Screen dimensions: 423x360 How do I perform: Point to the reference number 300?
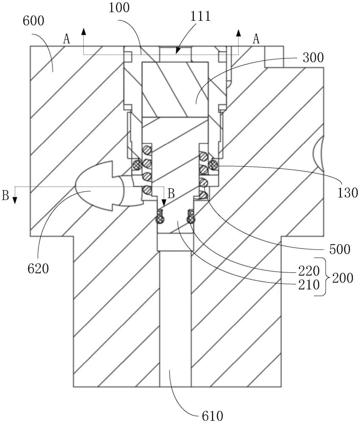pos(314,58)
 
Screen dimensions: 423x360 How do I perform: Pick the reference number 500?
pos(340,249)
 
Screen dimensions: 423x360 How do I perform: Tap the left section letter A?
pos(66,39)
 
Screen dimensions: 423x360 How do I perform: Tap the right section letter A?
pos(256,39)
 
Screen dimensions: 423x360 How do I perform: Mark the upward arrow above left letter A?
pos(84,31)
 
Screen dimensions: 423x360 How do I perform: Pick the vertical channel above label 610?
pos(175,317)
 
